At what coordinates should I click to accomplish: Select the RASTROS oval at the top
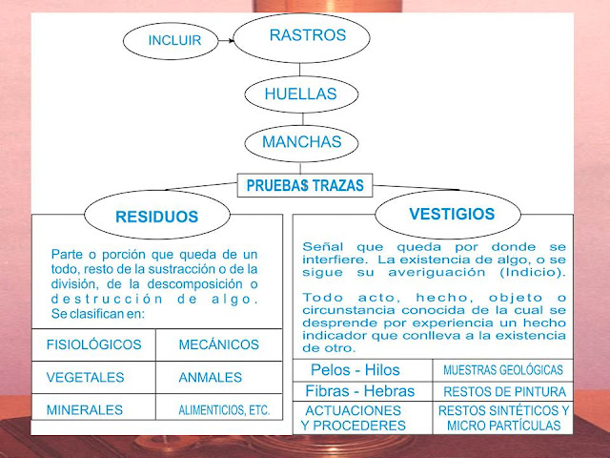302,37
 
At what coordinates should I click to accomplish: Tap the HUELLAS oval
301,94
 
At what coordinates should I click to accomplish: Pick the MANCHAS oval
301,143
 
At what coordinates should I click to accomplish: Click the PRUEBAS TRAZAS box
304,185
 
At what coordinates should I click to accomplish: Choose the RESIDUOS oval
155,216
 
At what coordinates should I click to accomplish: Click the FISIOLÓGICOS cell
93,344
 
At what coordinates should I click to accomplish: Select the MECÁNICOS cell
218,344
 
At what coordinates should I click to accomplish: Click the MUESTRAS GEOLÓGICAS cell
502,370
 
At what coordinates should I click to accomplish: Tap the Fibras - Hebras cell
358,391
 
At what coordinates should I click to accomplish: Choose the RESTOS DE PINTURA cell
502,391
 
